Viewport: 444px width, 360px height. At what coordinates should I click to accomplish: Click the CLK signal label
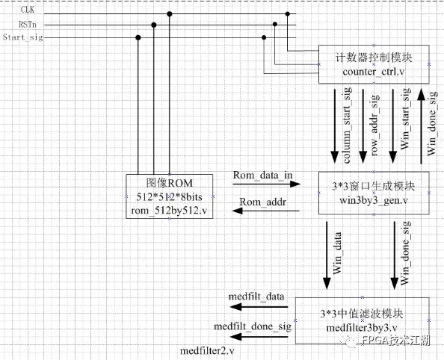(28, 10)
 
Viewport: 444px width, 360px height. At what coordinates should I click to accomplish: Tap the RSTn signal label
(28, 25)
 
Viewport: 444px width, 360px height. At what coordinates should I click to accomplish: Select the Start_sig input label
(23, 37)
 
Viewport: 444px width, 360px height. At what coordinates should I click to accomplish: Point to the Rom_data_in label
(262, 176)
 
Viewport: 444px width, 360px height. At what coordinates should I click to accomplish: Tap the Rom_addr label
(263, 202)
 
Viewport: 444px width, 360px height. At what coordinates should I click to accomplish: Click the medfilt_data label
(256, 297)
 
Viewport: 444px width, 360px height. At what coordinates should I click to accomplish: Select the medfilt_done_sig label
(253, 326)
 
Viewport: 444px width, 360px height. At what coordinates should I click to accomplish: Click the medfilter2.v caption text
(207, 351)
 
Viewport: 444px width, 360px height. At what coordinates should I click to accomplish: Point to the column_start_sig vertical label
(347, 125)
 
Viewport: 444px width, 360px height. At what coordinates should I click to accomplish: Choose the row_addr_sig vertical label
(374, 125)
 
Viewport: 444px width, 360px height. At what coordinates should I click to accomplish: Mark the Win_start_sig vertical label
(405, 119)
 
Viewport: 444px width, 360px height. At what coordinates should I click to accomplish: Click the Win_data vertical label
(337, 253)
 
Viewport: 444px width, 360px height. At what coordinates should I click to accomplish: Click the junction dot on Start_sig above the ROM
(138, 37)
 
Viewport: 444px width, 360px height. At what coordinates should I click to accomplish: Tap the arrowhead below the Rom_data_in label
(295, 184)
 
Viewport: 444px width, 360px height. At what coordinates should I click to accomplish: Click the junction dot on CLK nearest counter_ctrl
(288, 14)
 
